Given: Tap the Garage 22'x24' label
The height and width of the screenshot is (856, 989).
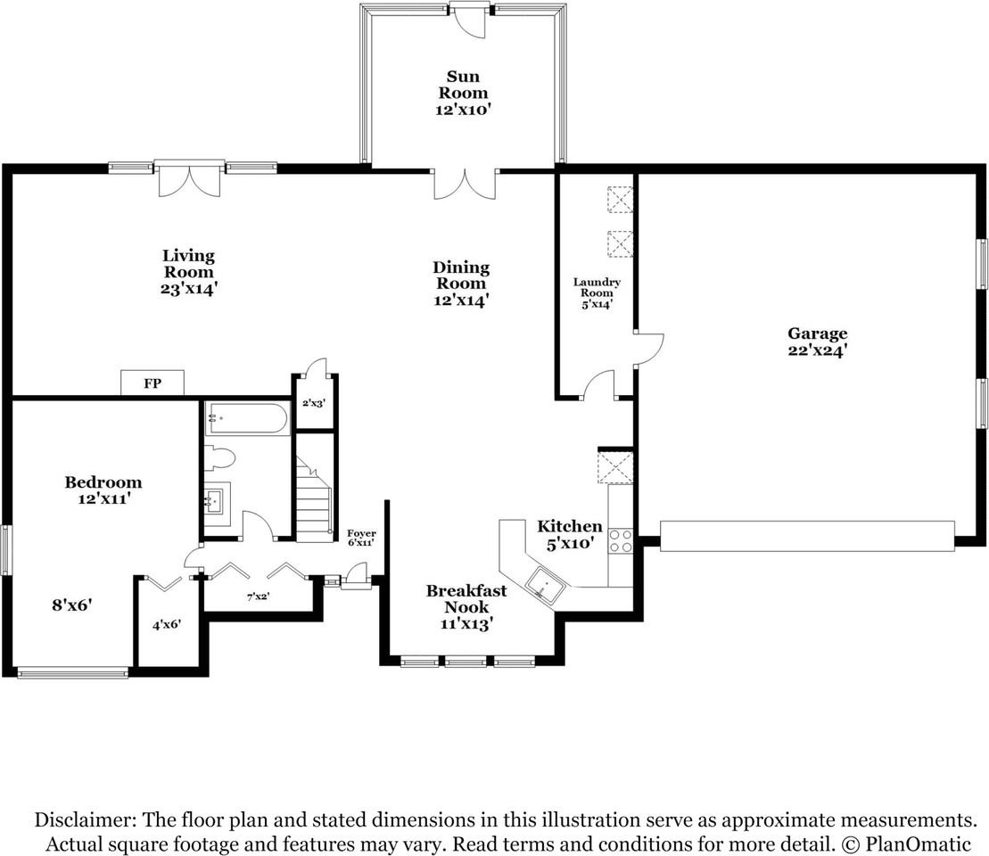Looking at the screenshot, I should [x=816, y=342].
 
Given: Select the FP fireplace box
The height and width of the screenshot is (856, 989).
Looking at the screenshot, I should [x=152, y=383].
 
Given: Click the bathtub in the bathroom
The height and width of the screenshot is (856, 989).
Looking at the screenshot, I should [x=247, y=418].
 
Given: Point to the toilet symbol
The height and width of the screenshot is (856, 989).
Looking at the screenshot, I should [x=219, y=459].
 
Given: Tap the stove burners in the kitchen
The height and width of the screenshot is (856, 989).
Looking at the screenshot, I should [x=621, y=540].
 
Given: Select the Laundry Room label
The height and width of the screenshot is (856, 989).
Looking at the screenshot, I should [x=597, y=293].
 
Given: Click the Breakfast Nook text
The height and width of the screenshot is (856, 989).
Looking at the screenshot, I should [x=466, y=598].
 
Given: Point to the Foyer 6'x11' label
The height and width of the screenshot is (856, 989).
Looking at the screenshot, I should [x=361, y=538].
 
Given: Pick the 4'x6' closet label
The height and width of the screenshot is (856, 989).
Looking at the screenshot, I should [x=167, y=625].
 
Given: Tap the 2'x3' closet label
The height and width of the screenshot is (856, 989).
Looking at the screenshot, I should [x=314, y=403].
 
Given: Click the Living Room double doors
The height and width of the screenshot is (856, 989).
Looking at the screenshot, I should [x=188, y=181].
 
